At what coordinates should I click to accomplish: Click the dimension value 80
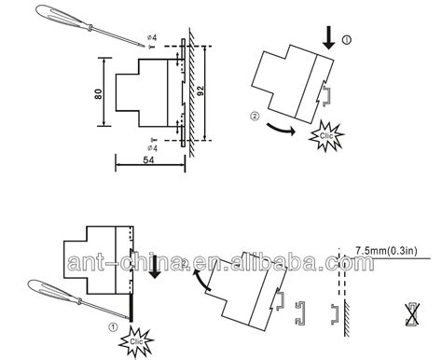[98, 94]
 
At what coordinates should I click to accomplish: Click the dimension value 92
[200, 90]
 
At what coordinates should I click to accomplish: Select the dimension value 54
[148, 160]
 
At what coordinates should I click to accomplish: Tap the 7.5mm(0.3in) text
[386, 251]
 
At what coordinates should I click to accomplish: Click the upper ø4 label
[152, 38]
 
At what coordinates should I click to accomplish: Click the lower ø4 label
[152, 148]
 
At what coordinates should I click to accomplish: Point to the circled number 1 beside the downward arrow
[346, 40]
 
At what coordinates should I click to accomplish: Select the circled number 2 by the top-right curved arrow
[255, 117]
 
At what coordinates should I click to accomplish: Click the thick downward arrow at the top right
[328, 38]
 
